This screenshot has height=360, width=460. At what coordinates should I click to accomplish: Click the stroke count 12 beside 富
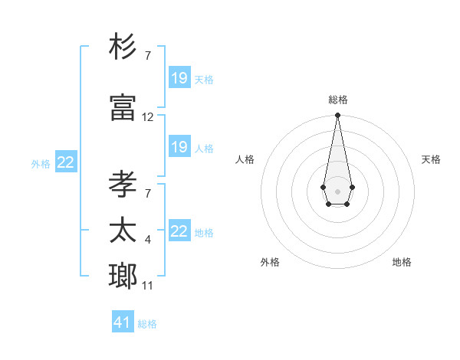coord(148,117)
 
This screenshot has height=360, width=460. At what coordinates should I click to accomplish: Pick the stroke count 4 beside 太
coord(147,241)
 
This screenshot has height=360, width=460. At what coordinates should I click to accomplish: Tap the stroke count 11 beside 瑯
coord(148,286)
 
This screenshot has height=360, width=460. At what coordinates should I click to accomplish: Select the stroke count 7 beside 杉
coord(147,56)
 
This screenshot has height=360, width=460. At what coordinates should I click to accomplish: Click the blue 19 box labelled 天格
coord(179,78)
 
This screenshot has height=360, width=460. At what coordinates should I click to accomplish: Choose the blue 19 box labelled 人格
coord(179,147)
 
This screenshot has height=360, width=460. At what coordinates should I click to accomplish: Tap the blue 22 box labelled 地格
coord(179,231)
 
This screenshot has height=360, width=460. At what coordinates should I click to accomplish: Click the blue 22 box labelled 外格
coord(66,162)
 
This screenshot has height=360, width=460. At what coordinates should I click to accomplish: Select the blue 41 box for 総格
coord(123,322)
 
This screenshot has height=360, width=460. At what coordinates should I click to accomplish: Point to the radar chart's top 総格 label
coord(338,100)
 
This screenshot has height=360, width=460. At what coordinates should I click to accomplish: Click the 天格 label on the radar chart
coord(432,159)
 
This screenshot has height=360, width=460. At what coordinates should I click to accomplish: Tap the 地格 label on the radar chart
coord(402,262)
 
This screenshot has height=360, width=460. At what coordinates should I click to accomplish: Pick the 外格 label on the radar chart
coord(270,262)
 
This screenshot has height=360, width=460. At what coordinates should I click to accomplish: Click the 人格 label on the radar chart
coord(245,159)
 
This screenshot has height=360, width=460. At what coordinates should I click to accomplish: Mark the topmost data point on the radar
coord(337,116)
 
